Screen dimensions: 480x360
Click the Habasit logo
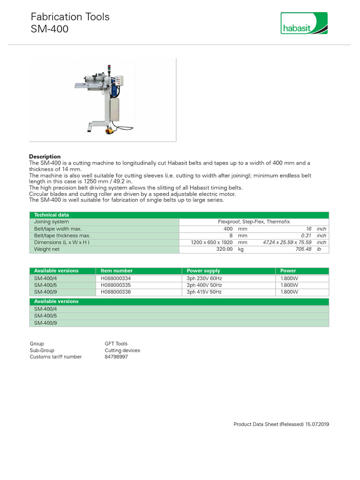(x=304, y=23)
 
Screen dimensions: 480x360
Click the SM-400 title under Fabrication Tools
(x=50, y=29)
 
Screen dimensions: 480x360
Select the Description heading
(x=45, y=157)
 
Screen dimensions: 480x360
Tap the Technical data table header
(x=52, y=215)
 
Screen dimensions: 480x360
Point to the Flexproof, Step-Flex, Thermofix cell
(x=254, y=222)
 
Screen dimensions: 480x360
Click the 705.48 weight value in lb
(x=303, y=249)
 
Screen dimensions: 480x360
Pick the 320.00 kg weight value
(x=224, y=249)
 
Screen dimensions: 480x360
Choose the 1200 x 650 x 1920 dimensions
(x=212, y=242)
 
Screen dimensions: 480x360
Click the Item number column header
(x=117, y=271)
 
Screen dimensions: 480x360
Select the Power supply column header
(x=203, y=271)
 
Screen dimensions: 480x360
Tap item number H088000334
(x=116, y=278)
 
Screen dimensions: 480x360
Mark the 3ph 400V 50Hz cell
(x=204, y=285)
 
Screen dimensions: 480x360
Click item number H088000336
(x=116, y=292)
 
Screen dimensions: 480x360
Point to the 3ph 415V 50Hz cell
(x=204, y=292)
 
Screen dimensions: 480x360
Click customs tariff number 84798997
(x=116, y=357)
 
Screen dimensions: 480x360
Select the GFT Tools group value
(x=116, y=344)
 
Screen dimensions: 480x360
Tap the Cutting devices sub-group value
(x=122, y=350)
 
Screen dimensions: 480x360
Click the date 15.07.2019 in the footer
(x=317, y=424)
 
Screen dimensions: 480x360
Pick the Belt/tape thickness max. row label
(x=62, y=236)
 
